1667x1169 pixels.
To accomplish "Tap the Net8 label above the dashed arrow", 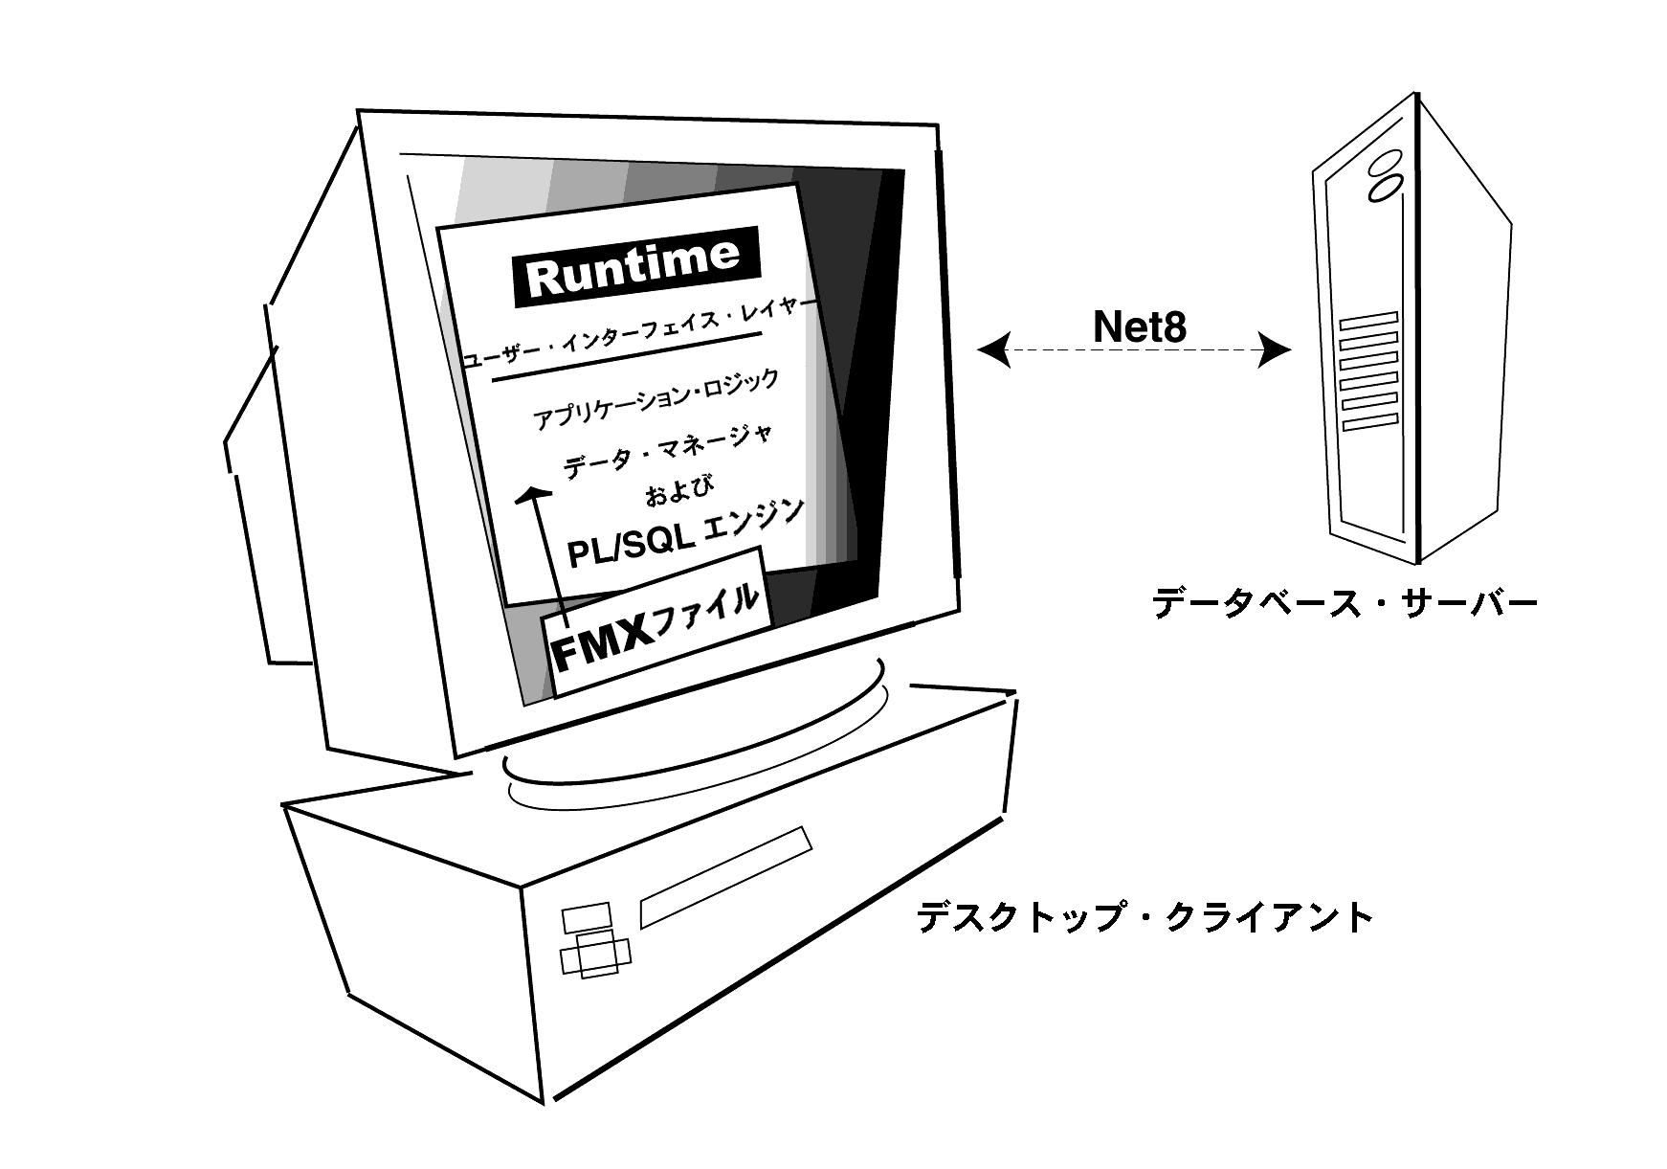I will [x=1140, y=327].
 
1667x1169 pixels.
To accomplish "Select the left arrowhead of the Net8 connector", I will [x=992, y=351].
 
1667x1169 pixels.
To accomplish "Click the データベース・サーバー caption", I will [x=1345, y=604].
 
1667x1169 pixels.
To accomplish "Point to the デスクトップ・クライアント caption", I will [x=1145, y=917].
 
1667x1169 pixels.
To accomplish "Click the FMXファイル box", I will [x=656, y=621].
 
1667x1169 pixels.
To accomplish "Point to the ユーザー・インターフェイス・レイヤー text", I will [x=639, y=330].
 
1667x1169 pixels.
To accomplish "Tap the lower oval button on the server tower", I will [x=1384, y=188].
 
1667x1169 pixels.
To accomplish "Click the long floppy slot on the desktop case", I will [x=725, y=877].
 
